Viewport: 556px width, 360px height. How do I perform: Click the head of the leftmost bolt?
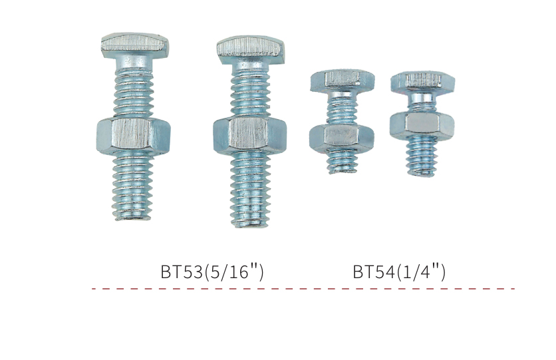coord(134,46)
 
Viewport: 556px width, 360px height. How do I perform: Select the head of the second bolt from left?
coord(251,51)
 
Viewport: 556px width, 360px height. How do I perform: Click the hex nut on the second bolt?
coord(250,136)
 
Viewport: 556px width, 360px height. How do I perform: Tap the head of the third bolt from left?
coord(343,81)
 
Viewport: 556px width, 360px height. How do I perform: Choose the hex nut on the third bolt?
coord(342,138)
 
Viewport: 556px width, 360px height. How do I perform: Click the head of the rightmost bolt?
coord(423,83)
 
